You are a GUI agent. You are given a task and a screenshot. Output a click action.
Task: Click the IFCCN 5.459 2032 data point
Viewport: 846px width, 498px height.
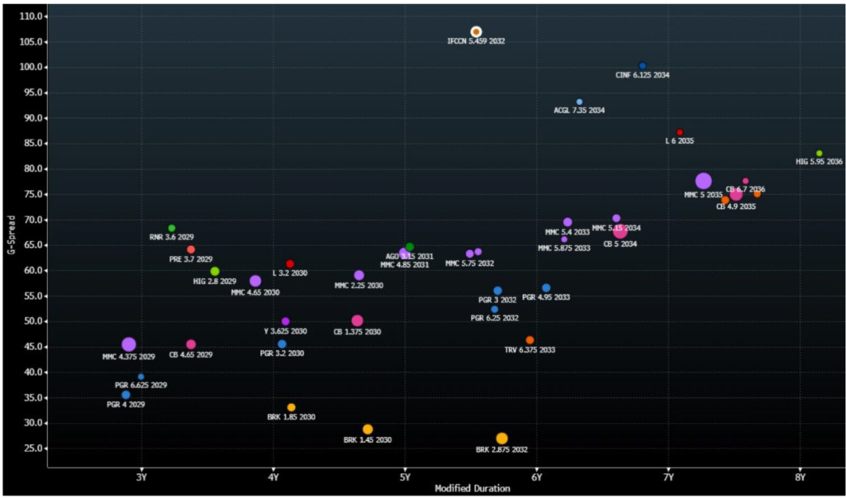(x=476, y=31)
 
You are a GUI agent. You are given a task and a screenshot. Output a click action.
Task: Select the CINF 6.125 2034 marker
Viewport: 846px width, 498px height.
(x=643, y=66)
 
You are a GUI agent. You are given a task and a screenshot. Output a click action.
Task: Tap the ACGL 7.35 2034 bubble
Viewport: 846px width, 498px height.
(x=579, y=102)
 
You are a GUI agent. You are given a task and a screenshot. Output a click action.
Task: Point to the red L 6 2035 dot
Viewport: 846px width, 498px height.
(x=680, y=132)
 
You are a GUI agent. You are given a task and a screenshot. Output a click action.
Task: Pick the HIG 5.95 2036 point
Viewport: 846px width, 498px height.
(x=819, y=154)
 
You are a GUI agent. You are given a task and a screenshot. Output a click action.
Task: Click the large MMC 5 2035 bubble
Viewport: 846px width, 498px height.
(x=703, y=181)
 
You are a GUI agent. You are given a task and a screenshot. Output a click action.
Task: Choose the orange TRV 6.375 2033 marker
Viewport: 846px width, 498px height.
(x=530, y=340)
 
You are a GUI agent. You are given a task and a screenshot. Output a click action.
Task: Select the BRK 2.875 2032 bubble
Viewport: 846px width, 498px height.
(x=501, y=439)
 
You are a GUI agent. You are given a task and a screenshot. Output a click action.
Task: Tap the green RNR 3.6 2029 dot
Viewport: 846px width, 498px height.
(x=172, y=228)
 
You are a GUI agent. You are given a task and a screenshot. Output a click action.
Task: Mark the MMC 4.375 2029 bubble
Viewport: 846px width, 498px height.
(x=129, y=344)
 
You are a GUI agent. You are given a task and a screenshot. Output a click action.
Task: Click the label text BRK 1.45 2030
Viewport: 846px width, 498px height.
(x=368, y=440)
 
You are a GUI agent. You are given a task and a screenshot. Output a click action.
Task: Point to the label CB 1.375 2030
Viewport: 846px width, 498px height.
(x=357, y=332)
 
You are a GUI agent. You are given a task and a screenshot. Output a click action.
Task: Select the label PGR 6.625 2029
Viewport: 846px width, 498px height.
(x=141, y=386)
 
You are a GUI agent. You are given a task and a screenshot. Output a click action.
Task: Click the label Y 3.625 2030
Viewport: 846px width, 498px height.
(x=285, y=331)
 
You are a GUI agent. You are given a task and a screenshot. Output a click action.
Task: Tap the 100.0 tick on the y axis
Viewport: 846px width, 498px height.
(x=34, y=67)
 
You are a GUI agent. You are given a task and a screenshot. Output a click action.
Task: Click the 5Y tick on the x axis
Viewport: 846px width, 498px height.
(x=404, y=477)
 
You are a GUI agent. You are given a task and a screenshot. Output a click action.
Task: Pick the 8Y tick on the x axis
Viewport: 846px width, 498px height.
(x=800, y=477)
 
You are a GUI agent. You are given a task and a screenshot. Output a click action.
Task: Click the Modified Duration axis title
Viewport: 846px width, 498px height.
(x=472, y=489)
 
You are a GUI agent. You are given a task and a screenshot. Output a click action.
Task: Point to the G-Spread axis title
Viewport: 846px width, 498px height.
(x=11, y=235)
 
